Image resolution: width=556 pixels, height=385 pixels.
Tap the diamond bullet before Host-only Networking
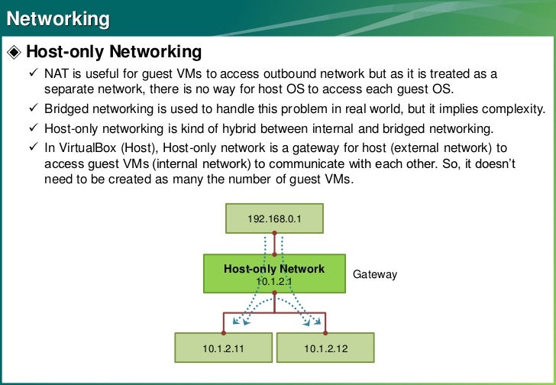coord(15,53)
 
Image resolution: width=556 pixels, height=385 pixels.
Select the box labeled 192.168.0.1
coord(275,219)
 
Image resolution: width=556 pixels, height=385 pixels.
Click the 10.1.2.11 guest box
coord(223,349)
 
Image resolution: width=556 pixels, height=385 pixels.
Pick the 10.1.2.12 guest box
coord(325,349)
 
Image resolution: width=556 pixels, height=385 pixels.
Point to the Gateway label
coord(375,274)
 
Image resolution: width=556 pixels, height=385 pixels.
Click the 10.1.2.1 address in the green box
coord(274,281)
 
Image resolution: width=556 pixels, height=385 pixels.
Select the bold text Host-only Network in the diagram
coord(274,269)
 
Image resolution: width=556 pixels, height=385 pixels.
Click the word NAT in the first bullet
coord(56,75)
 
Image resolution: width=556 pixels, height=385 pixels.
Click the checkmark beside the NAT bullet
coord(33,75)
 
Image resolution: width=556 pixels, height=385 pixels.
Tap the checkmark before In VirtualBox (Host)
coord(33,147)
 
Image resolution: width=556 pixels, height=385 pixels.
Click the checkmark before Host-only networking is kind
coord(33,128)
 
